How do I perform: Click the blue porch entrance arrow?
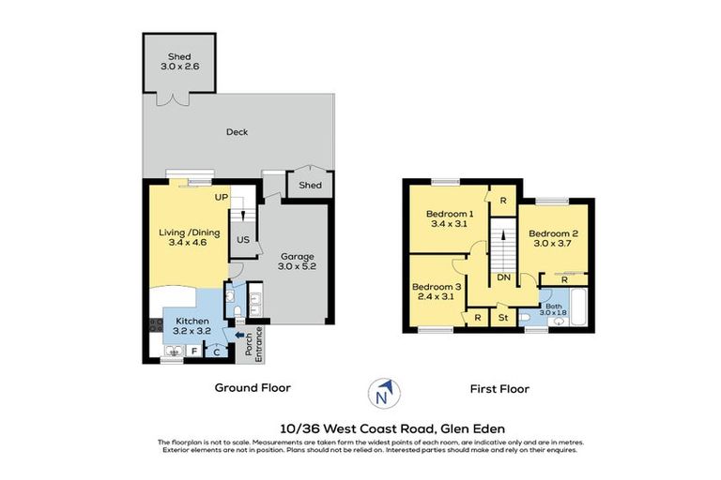(238, 333)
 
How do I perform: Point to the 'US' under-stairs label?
(242, 240)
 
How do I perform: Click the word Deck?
(237, 132)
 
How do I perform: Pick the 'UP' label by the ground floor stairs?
(221, 198)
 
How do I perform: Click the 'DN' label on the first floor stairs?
(503, 277)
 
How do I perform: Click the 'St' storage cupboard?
(503, 318)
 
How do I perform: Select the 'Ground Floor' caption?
(253, 387)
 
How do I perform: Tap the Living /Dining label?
(186, 232)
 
